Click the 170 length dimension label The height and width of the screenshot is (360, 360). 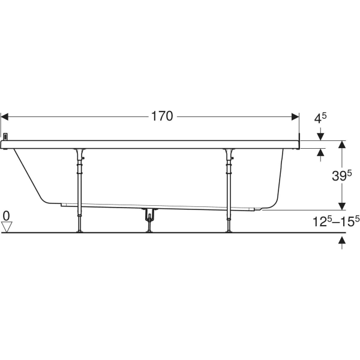tap(162, 116)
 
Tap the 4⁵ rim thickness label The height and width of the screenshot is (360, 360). tap(320, 118)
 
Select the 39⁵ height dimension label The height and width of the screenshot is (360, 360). tap(341, 176)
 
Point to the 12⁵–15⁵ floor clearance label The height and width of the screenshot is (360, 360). tap(336, 221)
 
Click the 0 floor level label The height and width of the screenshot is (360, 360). tap(7, 216)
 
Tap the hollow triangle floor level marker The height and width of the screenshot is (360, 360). tap(7, 227)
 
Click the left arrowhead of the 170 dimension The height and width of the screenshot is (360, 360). tap(5, 116)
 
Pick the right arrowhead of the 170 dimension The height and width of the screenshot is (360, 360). tap(295, 116)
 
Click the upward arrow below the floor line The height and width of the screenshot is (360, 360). tap(342, 243)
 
